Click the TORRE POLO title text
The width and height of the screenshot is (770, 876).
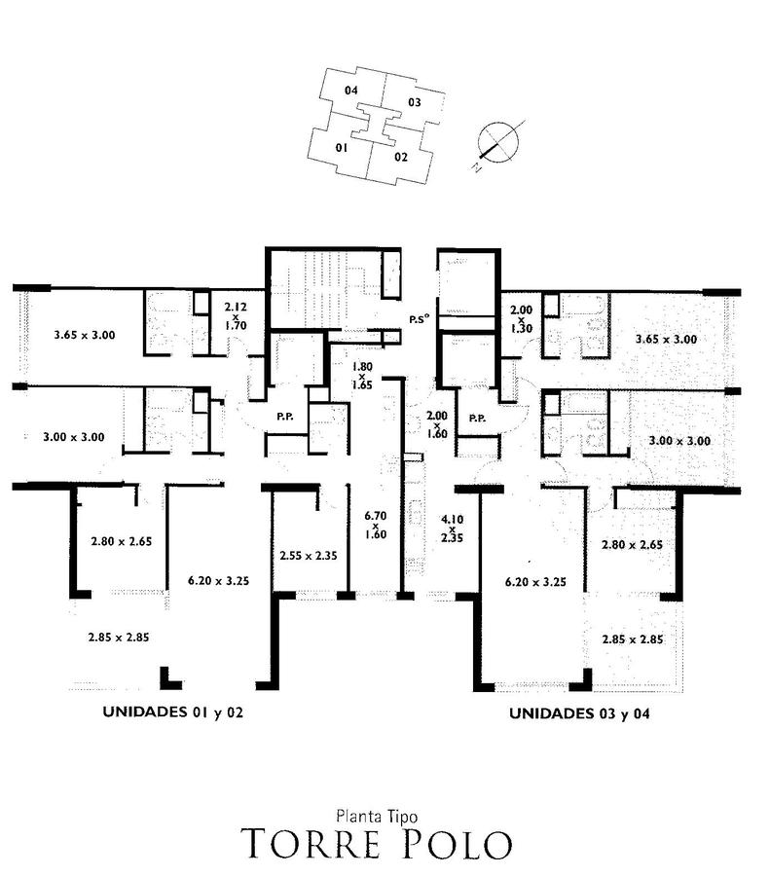point(376,844)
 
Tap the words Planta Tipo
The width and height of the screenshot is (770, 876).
point(377,817)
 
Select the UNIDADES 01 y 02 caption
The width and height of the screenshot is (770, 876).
point(173,712)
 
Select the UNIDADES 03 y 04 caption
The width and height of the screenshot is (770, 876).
point(579,713)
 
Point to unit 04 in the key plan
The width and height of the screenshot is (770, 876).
point(350,90)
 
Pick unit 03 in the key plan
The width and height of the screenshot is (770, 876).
point(414,102)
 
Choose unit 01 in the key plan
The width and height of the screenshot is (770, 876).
point(342,148)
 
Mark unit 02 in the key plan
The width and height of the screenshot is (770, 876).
point(401,157)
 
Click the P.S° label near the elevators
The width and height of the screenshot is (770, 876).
point(420,319)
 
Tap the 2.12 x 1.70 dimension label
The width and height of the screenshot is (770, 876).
point(236,316)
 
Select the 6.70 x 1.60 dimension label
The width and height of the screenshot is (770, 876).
point(376,525)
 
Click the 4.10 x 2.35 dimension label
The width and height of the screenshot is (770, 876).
point(452,529)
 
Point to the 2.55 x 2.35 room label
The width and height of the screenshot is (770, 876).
point(309,556)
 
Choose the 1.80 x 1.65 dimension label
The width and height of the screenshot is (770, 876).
point(362,376)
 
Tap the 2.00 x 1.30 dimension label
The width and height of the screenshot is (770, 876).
point(522,319)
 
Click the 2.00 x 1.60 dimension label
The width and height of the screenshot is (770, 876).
point(437,424)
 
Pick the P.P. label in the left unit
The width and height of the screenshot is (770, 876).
point(285,417)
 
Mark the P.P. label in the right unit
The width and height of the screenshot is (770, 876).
point(477,418)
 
